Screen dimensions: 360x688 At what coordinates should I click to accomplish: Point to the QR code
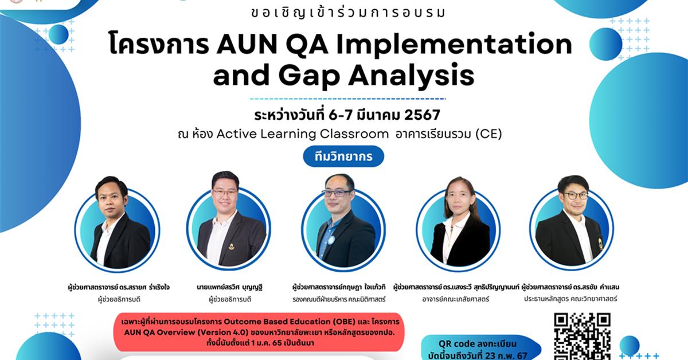click(581, 337)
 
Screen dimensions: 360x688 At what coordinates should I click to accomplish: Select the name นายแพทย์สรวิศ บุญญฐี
click(229, 287)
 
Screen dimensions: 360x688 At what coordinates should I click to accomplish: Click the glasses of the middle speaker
click(338, 193)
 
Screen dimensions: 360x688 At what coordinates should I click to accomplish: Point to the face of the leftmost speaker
click(111, 198)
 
